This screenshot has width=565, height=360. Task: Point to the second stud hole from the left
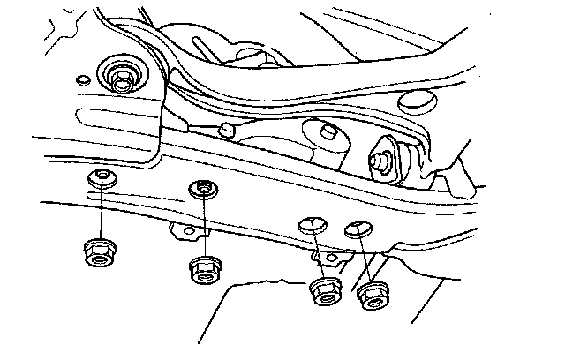206,188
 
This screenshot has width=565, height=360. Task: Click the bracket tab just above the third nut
328,258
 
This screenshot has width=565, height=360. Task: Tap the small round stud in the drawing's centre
228,131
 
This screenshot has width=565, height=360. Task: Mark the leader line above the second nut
206,224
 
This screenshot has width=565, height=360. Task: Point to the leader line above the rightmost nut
364,259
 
